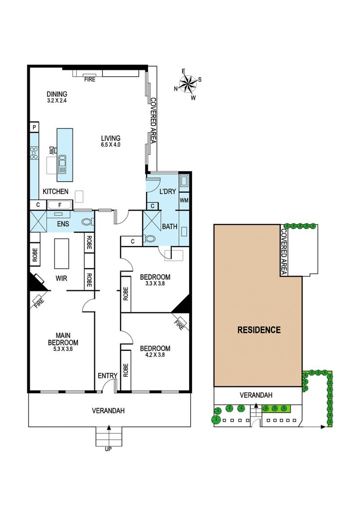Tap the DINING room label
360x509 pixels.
click(x=56, y=94)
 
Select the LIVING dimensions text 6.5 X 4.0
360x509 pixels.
click(x=110, y=145)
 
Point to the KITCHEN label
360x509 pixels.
click(x=55, y=192)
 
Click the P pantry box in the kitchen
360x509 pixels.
click(x=35, y=127)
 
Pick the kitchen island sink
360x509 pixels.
click(x=62, y=164)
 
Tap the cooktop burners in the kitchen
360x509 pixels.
click(x=35, y=153)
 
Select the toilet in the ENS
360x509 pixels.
click(x=88, y=222)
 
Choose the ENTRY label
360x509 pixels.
click(x=107, y=375)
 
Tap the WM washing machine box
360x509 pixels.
click(x=184, y=200)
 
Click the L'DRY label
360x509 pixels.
click(x=167, y=191)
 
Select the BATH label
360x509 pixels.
click(x=169, y=226)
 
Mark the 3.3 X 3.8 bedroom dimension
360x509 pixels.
click(x=155, y=285)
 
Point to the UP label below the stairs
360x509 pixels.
click(x=108, y=449)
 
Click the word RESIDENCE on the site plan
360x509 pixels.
click(x=259, y=330)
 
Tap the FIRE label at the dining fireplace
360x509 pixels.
click(x=90, y=79)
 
